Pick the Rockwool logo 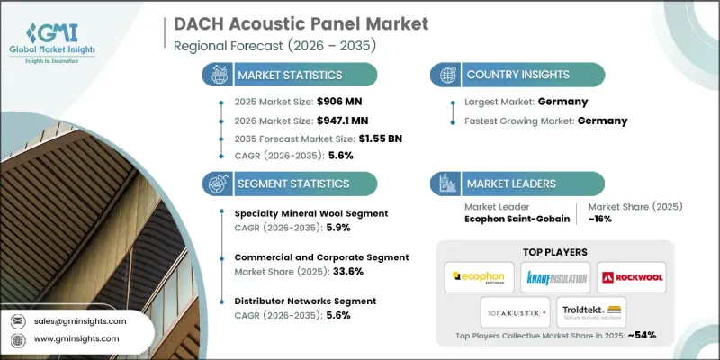(633, 277)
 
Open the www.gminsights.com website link (79, 340)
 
